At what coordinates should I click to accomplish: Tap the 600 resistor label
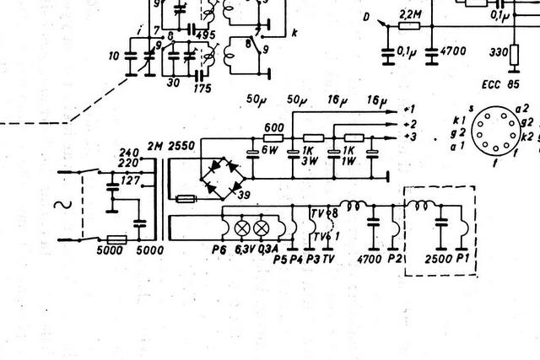pos(273,127)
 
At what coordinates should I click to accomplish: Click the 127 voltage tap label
pos(132,180)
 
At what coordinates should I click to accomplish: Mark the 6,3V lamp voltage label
pos(245,250)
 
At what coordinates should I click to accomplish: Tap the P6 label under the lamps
pos(221,250)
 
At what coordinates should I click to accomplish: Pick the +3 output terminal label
pos(410,136)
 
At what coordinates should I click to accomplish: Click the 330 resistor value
pos(499,51)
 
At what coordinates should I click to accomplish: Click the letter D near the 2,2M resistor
pos(366,16)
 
